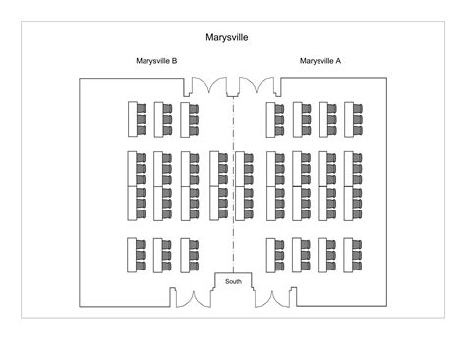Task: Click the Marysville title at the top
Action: pyautogui.click(x=226, y=38)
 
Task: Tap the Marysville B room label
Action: pyautogui.click(x=156, y=61)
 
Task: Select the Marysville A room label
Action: pyautogui.click(x=320, y=61)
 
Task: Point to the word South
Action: pyautogui.click(x=233, y=282)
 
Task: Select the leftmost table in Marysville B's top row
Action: pyautogui.click(x=132, y=119)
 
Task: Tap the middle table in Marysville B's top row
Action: pyautogui.click(x=159, y=119)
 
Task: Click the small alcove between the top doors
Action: pyautogui.click(x=233, y=90)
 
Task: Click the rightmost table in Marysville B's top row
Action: pyautogui.click(x=187, y=119)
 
